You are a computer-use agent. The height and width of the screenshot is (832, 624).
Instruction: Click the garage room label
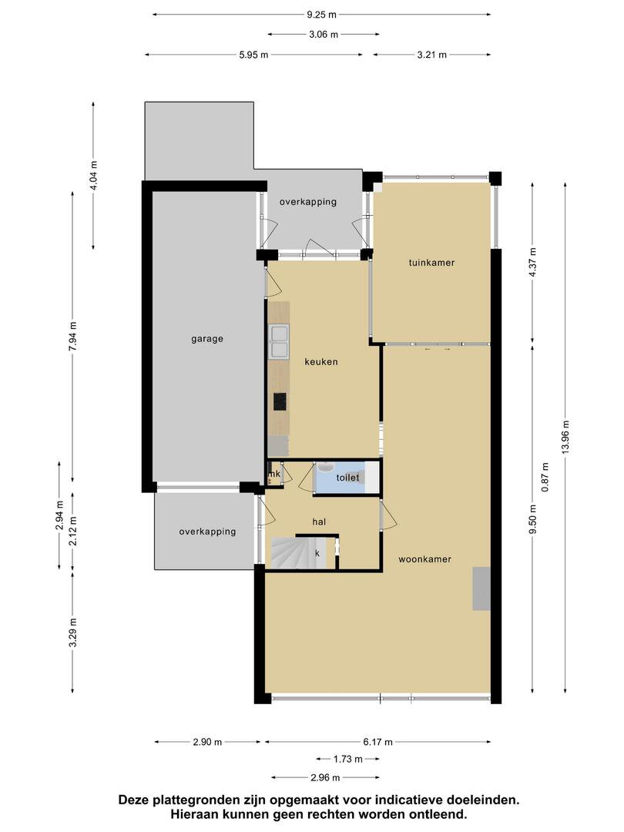207,339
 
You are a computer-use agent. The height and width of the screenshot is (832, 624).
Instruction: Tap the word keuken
321,362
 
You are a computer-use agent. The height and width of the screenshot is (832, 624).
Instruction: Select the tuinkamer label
431,263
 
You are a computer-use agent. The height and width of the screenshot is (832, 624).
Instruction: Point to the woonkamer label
424,559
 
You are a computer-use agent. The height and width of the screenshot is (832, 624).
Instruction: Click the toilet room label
347,478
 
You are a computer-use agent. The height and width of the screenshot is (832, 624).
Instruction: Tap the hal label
319,522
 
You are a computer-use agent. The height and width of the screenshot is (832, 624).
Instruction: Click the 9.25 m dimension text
321,15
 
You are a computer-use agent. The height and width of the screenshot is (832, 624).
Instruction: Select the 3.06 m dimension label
323,35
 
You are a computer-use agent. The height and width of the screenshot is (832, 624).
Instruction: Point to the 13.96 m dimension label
565,436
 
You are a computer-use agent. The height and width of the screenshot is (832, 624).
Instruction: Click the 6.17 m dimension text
377,743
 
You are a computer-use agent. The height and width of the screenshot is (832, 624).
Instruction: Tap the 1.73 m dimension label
347,760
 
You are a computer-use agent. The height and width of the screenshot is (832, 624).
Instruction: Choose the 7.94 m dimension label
73,337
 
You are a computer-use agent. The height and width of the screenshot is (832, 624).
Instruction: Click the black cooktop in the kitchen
280,401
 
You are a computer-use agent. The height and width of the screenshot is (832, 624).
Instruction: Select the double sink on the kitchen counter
280,342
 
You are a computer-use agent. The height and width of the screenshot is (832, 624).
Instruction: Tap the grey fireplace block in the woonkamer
481,589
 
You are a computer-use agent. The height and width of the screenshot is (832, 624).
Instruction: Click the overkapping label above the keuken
308,202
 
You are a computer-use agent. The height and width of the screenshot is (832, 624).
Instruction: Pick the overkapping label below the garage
207,532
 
